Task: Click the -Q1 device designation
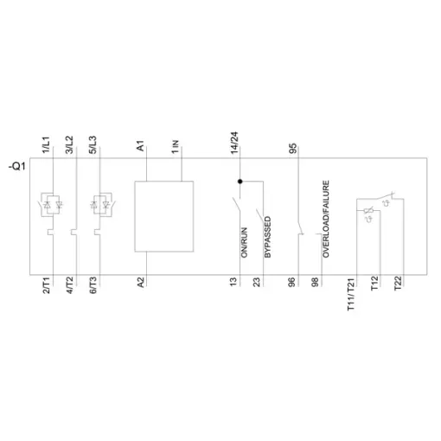[17, 167]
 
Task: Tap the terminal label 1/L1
[47, 145]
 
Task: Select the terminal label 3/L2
[70, 145]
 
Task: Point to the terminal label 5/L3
[93, 145]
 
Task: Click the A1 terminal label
[140, 146]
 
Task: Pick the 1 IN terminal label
[176, 147]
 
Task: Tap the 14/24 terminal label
[234, 143]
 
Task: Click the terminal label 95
[292, 149]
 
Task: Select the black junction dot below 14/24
[240, 182]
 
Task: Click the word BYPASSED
[267, 237]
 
